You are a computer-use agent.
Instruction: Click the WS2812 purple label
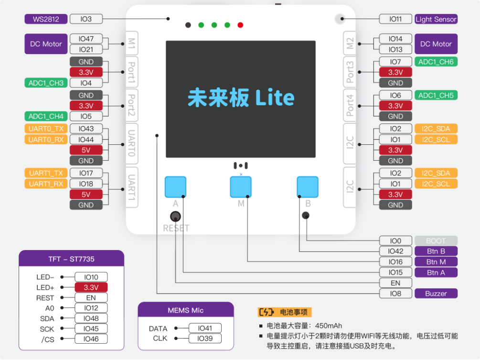(46, 19)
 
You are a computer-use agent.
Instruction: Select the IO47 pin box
(86, 39)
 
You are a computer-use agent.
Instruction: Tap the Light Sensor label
(436, 19)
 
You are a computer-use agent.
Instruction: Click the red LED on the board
(240, 25)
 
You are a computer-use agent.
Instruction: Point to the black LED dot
(188, 25)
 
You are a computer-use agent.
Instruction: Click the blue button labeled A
(175, 187)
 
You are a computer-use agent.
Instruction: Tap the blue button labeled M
(241, 187)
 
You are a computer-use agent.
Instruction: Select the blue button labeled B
(308, 187)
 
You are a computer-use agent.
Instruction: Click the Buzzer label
(436, 294)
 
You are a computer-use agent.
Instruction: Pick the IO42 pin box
(395, 251)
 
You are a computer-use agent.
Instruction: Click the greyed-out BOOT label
(436, 241)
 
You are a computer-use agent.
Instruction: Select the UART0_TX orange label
(46, 129)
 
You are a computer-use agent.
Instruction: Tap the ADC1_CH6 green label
(436, 62)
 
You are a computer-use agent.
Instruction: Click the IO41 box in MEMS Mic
(205, 328)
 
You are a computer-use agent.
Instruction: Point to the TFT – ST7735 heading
(71, 259)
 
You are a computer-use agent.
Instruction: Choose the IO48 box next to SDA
(91, 318)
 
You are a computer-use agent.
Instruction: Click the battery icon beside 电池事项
(267, 312)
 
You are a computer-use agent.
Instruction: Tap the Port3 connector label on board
(350, 72)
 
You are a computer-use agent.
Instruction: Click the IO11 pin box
(395, 19)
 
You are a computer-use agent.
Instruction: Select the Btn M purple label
(436, 262)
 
